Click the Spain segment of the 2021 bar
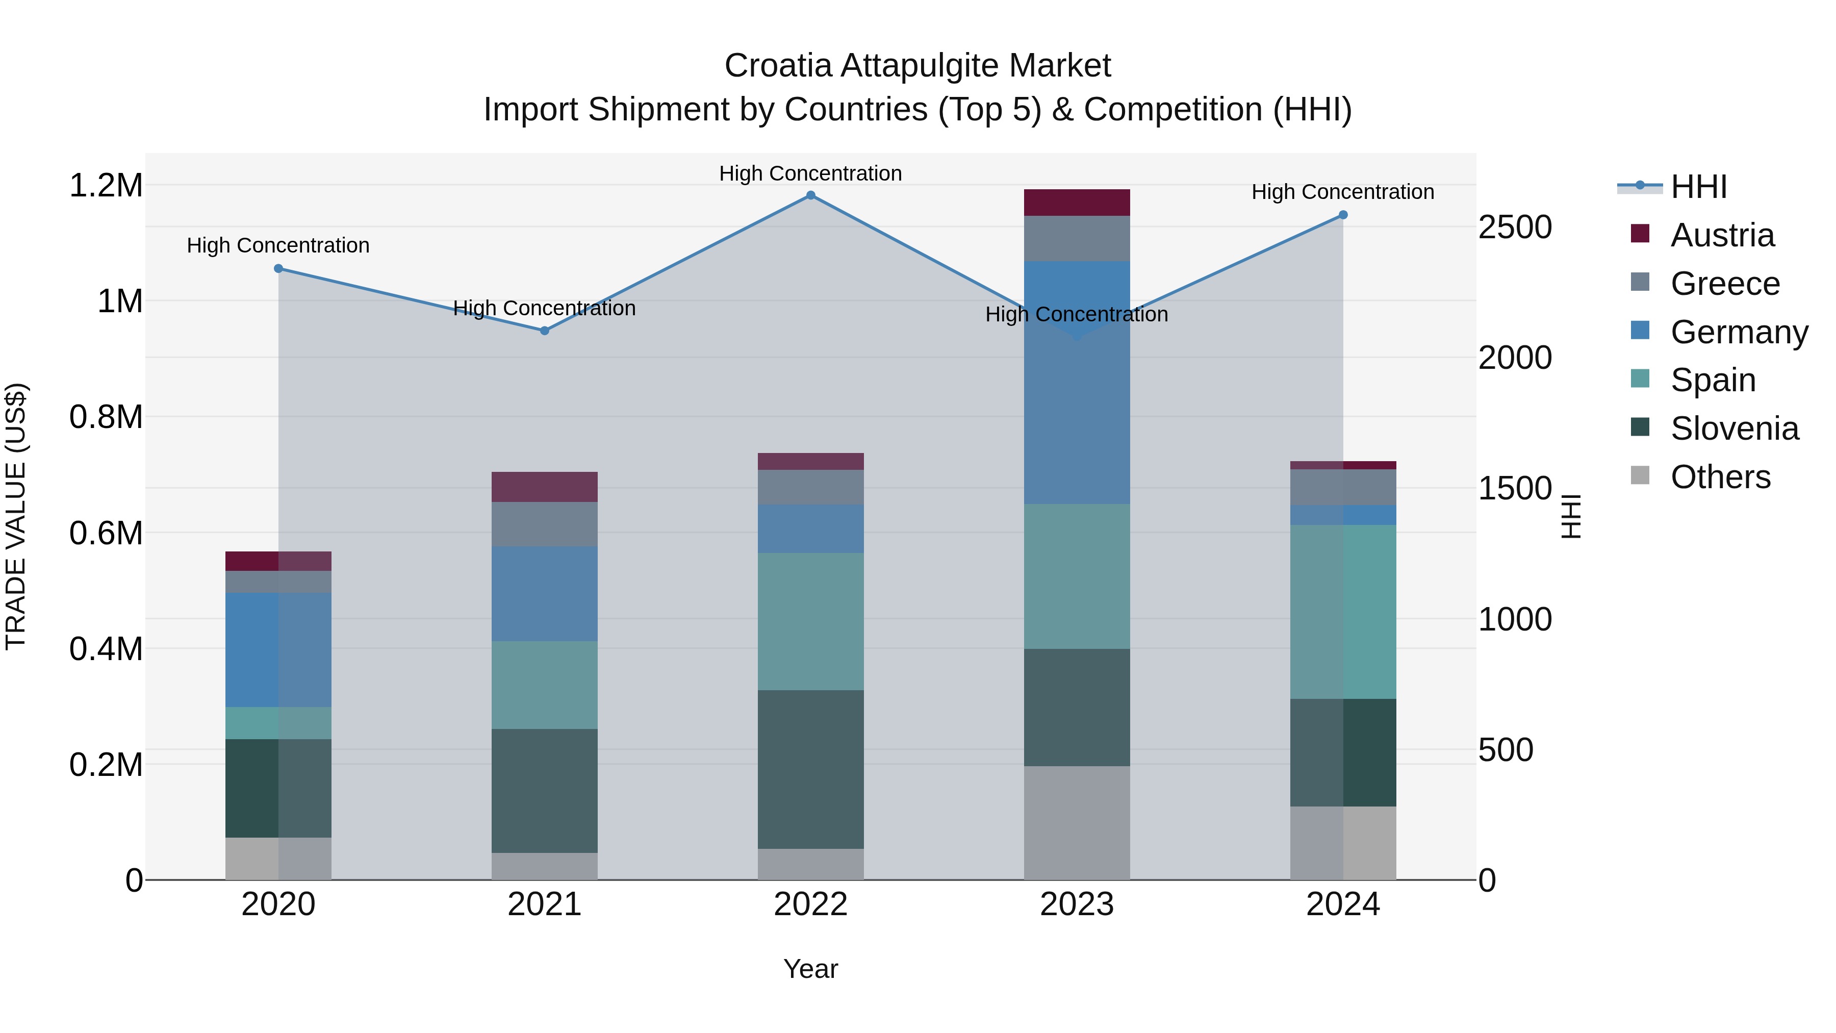coord(545,685)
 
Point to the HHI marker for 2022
coord(810,195)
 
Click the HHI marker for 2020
coord(278,269)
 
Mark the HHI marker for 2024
coord(1343,215)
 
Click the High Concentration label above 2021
coord(545,308)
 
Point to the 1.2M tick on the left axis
coord(106,185)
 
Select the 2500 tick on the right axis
coord(1515,228)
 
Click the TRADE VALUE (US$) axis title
coord(16,516)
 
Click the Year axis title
coord(810,969)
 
